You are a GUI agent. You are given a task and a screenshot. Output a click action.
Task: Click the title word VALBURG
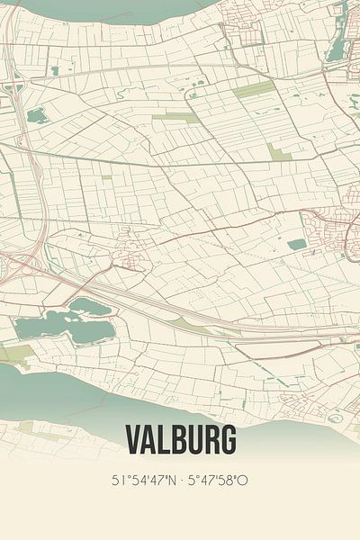(x=180, y=440)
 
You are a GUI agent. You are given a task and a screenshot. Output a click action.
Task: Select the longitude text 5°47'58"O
(x=217, y=481)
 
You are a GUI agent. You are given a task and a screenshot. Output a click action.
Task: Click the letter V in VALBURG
(x=132, y=440)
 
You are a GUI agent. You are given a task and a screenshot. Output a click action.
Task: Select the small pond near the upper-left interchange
(x=38, y=115)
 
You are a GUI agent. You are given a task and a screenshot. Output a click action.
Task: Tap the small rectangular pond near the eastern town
(x=297, y=244)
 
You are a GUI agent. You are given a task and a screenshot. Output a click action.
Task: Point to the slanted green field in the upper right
(x=255, y=90)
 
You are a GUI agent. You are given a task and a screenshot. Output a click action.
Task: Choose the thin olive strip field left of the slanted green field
(x=175, y=117)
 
